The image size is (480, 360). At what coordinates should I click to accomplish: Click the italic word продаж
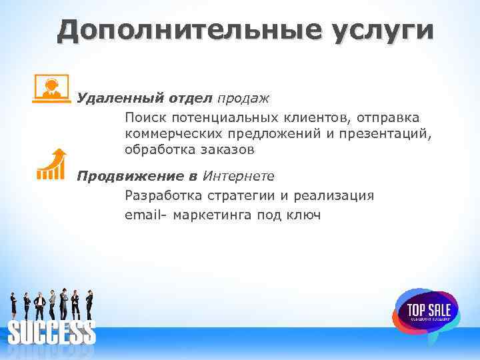pos(243,99)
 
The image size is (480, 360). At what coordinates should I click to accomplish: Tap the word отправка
pos(386,117)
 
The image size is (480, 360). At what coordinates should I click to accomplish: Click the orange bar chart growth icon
pos(51,164)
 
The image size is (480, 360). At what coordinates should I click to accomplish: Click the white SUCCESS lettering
pos(52,331)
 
